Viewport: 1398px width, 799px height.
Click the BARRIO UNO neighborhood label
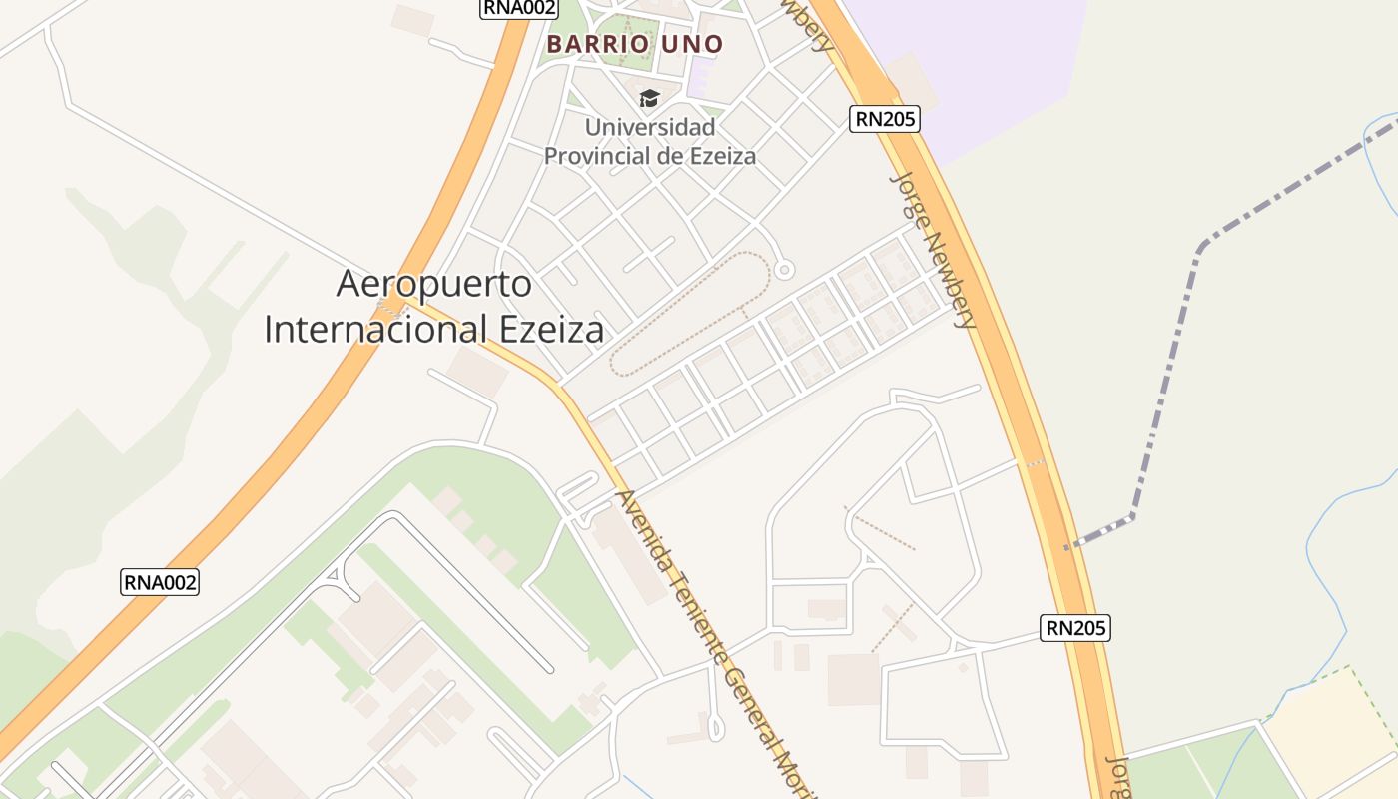click(635, 45)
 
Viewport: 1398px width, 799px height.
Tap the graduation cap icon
click(650, 98)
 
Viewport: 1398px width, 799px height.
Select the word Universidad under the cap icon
click(650, 128)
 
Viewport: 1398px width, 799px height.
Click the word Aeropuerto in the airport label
click(434, 284)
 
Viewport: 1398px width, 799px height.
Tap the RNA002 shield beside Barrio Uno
click(519, 8)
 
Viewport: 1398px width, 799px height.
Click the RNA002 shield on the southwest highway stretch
click(160, 582)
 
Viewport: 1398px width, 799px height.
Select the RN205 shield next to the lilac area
click(885, 119)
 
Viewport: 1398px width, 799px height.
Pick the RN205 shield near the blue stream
click(1075, 628)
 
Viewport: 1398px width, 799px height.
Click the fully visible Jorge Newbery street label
click(933, 251)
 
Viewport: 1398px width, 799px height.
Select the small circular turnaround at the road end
click(784, 269)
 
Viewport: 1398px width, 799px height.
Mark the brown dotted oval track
click(689, 310)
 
